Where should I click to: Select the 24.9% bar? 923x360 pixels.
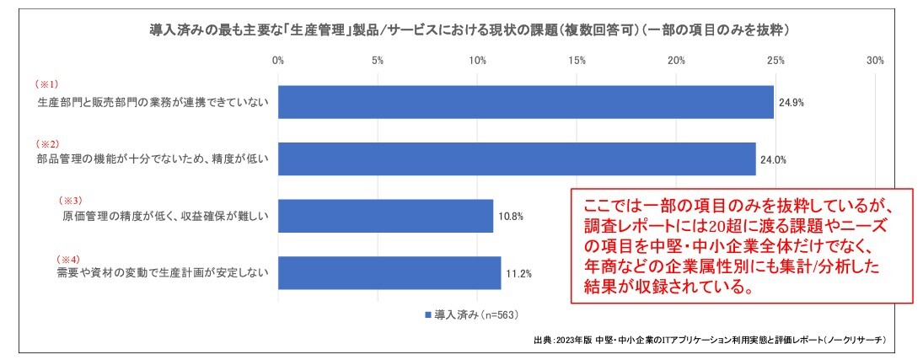pyautogui.click(x=525, y=102)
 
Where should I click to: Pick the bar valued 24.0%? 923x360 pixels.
pyautogui.click(x=516, y=159)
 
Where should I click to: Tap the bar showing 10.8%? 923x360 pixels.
pyautogui.click(x=385, y=216)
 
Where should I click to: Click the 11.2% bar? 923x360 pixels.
pyautogui.click(x=389, y=272)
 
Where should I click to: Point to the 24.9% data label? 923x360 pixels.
pyautogui.click(x=792, y=102)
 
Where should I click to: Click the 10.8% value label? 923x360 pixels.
pyautogui.click(x=511, y=216)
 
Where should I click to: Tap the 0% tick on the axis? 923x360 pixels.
pyautogui.click(x=278, y=61)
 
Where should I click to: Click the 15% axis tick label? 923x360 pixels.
pyautogui.click(x=577, y=61)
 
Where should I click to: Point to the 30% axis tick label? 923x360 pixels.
pyautogui.click(x=875, y=61)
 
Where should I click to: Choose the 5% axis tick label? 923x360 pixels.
pyautogui.click(x=378, y=61)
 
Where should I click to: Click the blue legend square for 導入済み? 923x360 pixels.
pyautogui.click(x=428, y=315)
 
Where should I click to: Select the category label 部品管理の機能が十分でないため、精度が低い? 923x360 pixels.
pyautogui.click(x=153, y=159)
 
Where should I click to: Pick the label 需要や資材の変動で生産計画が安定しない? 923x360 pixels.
pyautogui.click(x=158, y=273)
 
